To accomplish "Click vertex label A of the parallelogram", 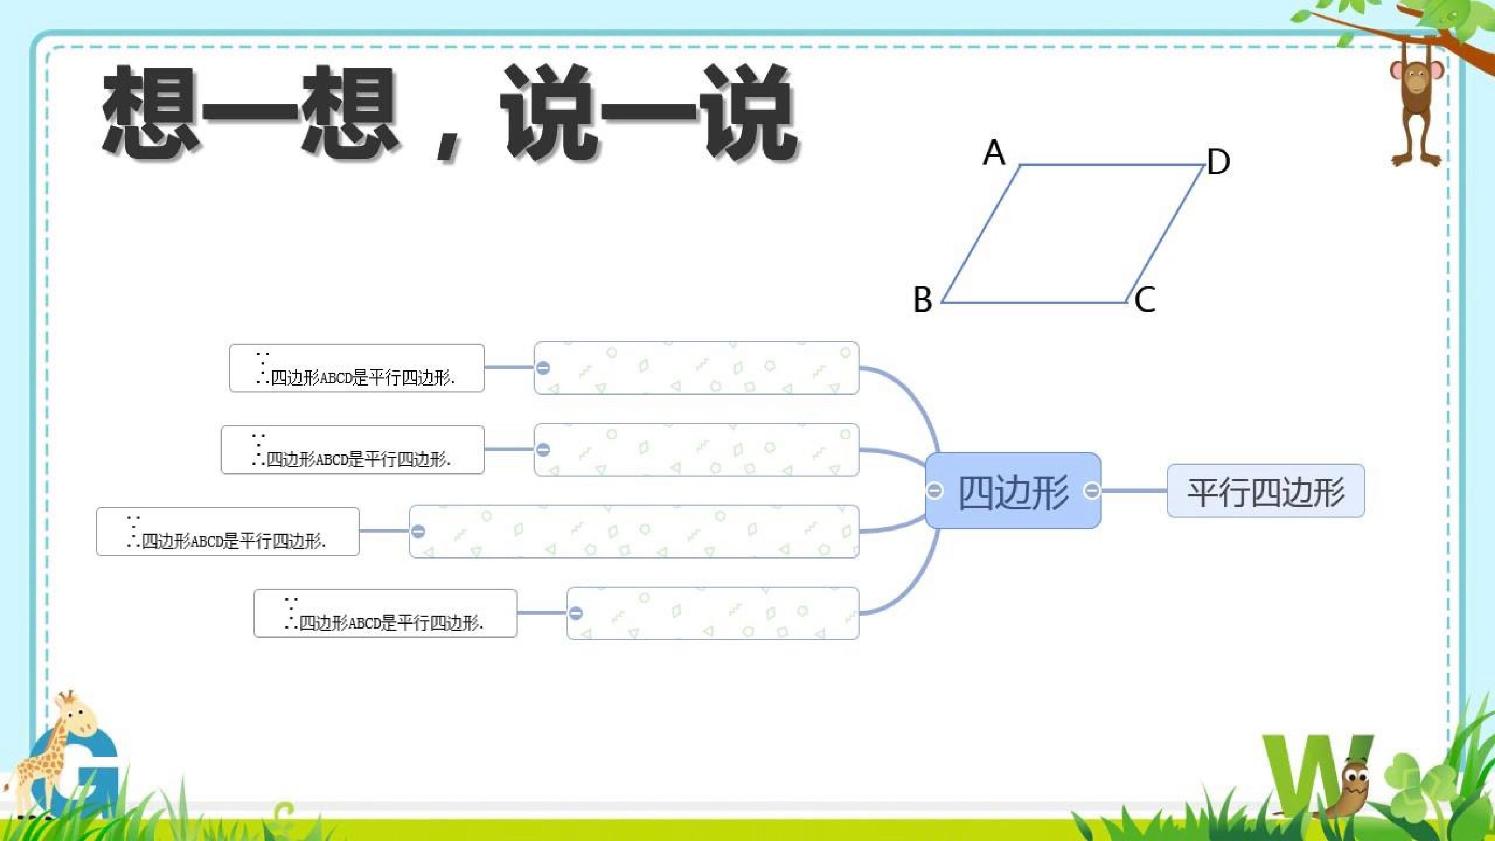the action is pos(994,153).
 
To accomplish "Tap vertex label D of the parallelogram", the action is pos(1218,161).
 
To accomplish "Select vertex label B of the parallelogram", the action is pos(923,300).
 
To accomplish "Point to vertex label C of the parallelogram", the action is pos(1145,300).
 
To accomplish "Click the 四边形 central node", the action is pos(1013,491).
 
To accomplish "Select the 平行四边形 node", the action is pos(1266,491).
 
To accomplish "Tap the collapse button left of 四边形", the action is pos(934,491).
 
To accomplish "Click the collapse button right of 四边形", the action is pos(1092,491).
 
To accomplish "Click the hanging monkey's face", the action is pos(1416,78).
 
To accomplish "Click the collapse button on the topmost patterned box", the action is pos(543,368).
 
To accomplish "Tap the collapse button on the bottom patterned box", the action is pos(576,613).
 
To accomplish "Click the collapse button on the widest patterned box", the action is pos(418,531).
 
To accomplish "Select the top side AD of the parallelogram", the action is pos(1112,165).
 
